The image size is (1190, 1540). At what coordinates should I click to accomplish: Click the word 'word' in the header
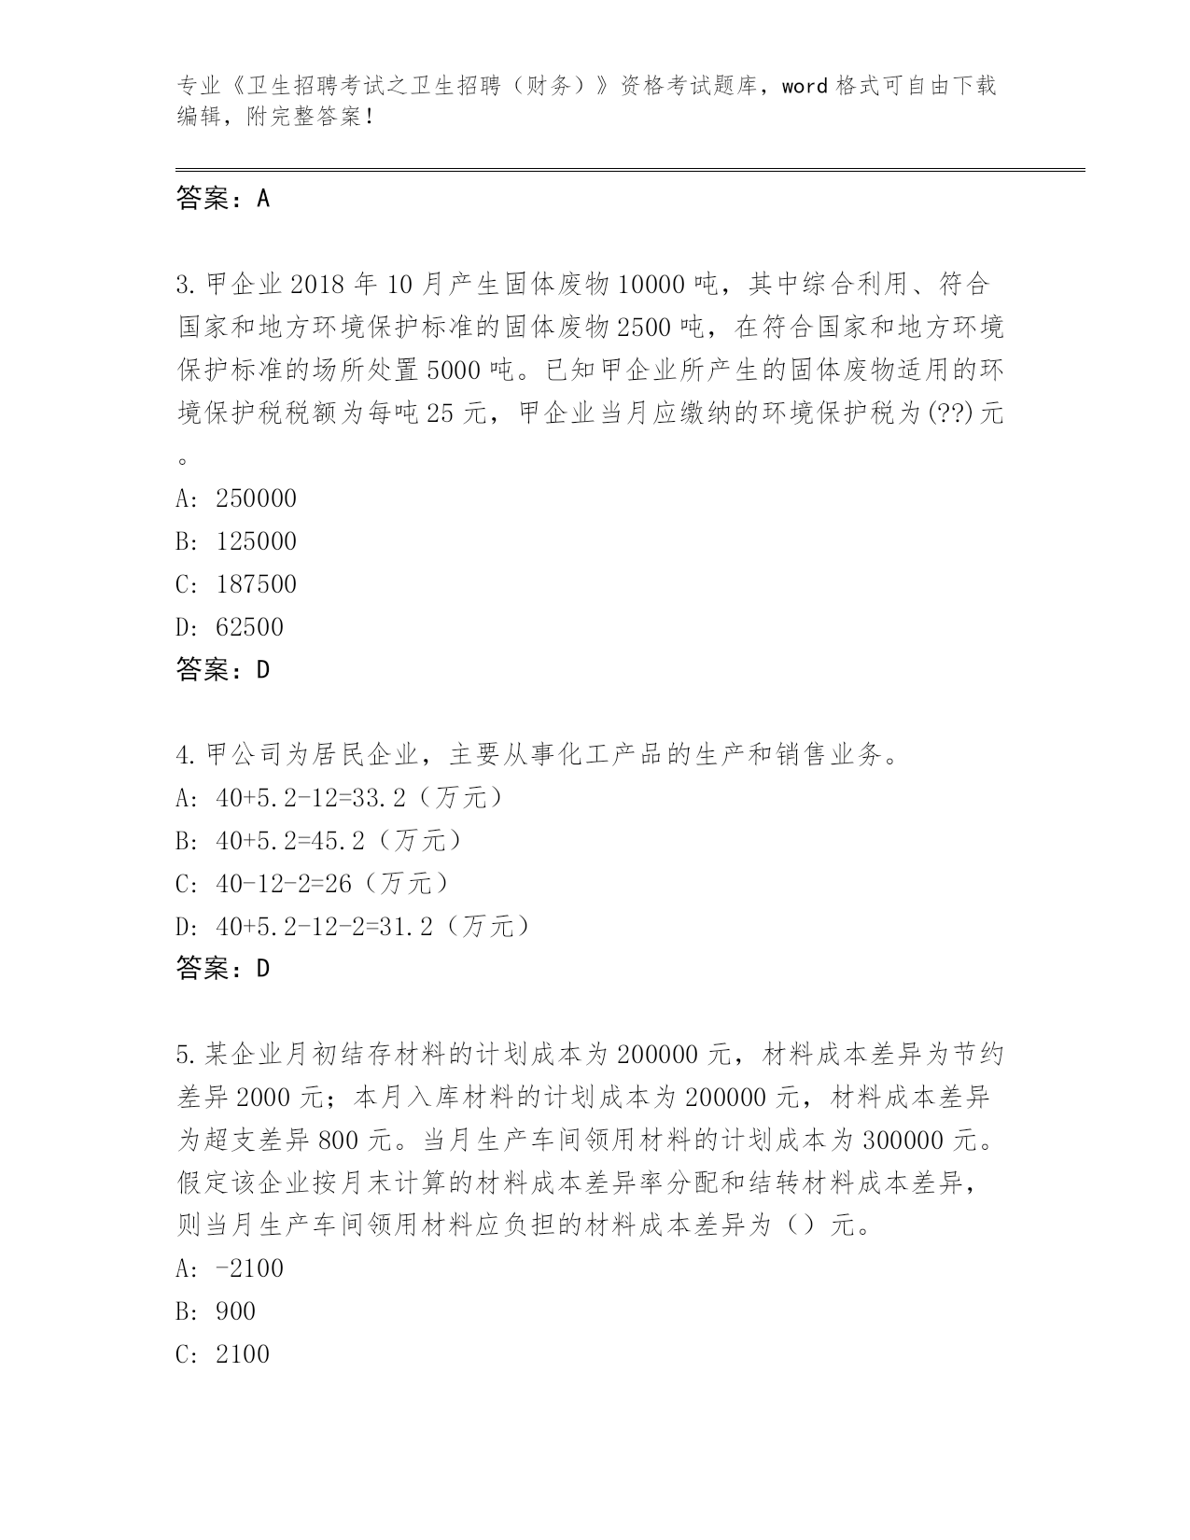[805, 87]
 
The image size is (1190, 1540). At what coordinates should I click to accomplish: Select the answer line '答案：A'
[222, 198]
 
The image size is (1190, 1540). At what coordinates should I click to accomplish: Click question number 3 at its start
[184, 284]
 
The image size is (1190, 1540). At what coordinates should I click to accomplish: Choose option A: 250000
[236, 498]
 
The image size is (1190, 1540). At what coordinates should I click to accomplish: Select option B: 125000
[236, 541]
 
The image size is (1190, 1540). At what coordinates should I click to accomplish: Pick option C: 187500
[236, 584]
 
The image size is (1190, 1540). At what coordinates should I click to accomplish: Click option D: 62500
[230, 627]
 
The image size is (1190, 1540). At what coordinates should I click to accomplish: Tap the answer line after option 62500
[222, 669]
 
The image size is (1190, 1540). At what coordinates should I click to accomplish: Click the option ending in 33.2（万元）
[342, 798]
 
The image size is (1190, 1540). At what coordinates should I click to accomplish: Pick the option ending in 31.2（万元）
[356, 927]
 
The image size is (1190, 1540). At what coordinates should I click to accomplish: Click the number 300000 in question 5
[904, 1141]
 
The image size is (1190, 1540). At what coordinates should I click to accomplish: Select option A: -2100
[230, 1268]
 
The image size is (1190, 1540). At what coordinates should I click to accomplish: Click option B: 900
[216, 1311]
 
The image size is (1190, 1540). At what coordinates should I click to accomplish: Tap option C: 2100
[222, 1354]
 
